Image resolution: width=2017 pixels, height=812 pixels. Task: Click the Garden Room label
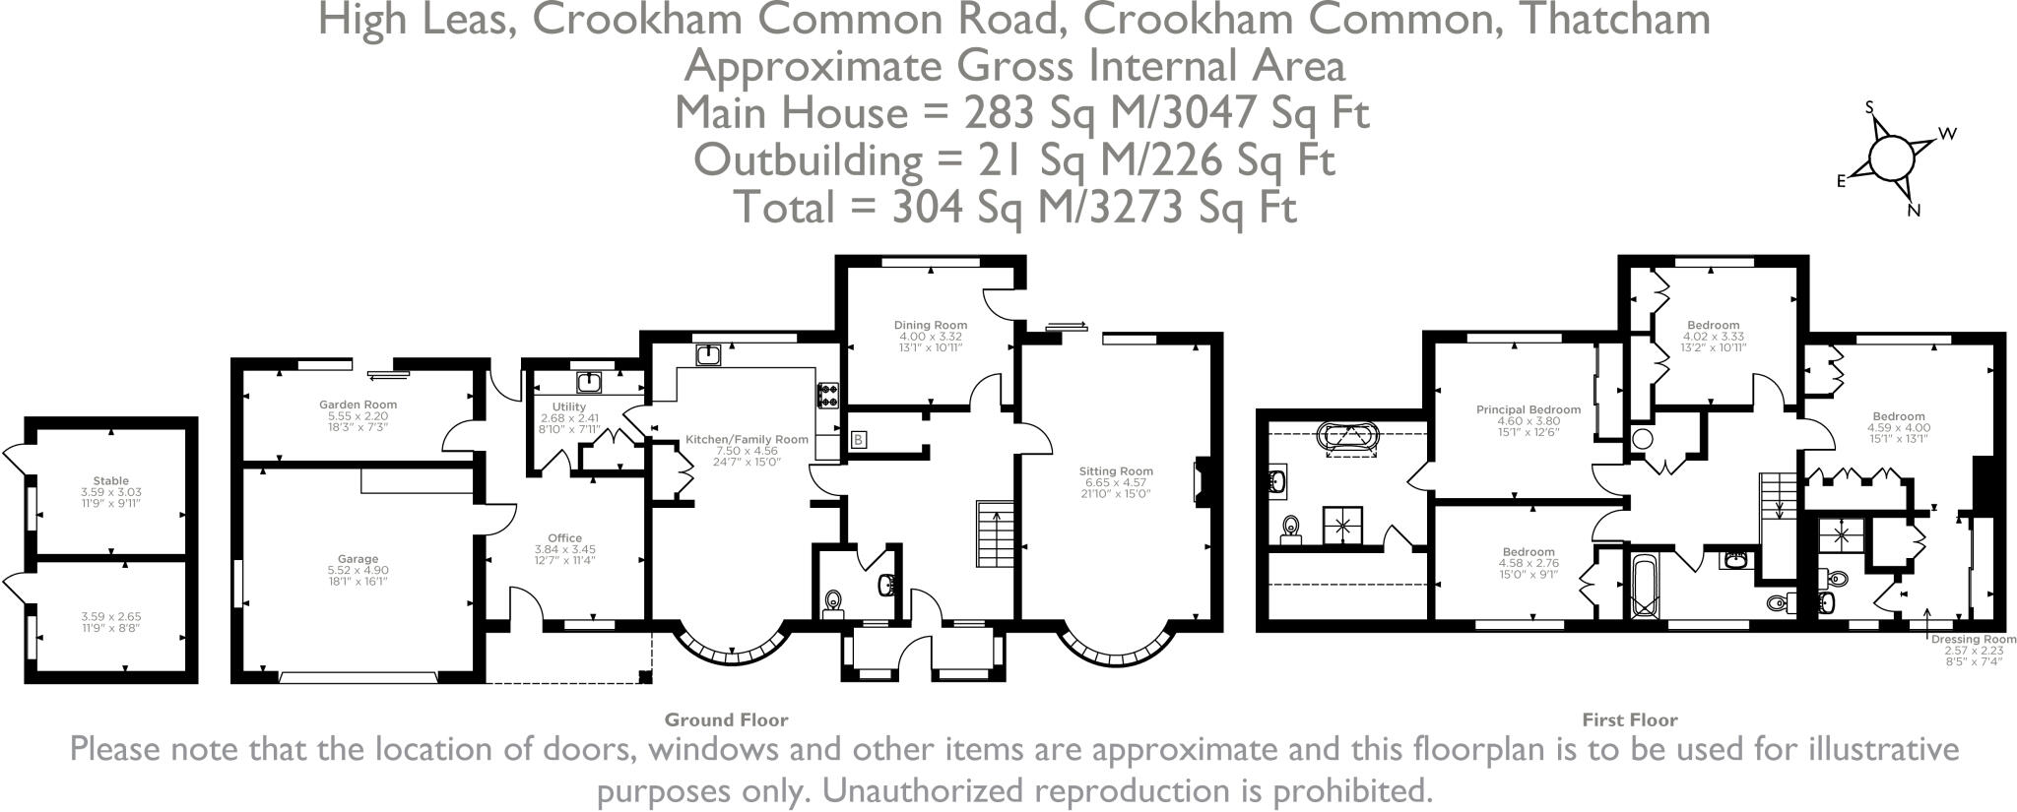click(358, 405)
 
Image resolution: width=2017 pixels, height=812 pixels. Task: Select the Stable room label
click(111, 481)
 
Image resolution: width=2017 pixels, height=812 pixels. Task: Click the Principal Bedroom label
click(1528, 409)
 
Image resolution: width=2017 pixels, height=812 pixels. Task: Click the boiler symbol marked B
click(858, 439)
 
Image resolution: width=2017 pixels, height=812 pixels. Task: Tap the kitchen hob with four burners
click(827, 395)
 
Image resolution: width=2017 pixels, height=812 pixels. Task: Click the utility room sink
click(589, 382)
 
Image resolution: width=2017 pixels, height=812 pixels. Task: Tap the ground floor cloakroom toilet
click(833, 601)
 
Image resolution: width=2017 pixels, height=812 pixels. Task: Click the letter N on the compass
click(1914, 211)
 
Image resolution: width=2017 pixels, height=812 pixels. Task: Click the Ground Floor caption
click(726, 719)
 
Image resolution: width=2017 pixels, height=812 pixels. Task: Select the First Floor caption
click(1629, 719)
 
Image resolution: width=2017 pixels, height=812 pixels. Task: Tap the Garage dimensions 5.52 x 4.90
click(358, 571)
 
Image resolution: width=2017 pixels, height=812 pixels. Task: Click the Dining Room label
click(930, 325)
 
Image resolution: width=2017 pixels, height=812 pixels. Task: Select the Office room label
click(564, 538)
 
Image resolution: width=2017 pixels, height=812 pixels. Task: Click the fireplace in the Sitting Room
click(1202, 482)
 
